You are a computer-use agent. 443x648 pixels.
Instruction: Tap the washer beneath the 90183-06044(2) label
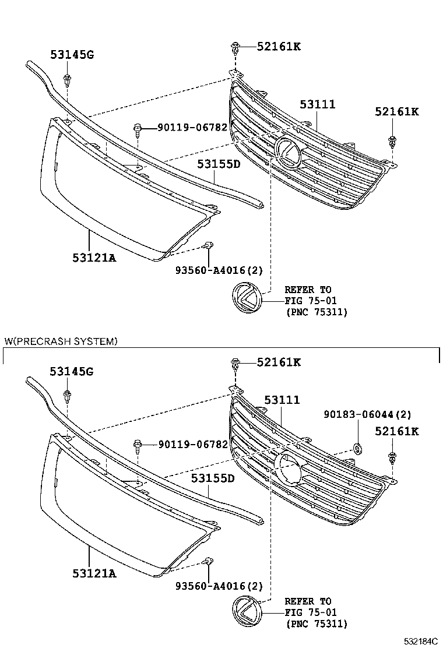tap(357, 448)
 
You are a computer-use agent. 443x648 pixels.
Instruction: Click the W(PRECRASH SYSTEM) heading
tap(61, 341)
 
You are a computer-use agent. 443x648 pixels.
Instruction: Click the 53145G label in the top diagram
tap(72, 55)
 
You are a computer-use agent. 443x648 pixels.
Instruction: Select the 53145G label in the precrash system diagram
tap(72, 371)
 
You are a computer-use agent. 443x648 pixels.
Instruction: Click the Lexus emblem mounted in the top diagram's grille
tap(287, 153)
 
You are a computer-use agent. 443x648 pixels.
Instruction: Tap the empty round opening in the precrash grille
tap(287, 469)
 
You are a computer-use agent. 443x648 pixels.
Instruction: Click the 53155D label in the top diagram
tap(218, 164)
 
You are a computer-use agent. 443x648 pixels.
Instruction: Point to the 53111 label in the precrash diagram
tap(282, 400)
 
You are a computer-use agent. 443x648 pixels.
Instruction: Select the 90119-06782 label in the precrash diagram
tap(193, 445)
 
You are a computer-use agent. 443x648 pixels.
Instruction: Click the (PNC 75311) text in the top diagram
tap(317, 312)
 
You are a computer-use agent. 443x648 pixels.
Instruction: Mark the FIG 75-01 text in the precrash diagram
tap(311, 612)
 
